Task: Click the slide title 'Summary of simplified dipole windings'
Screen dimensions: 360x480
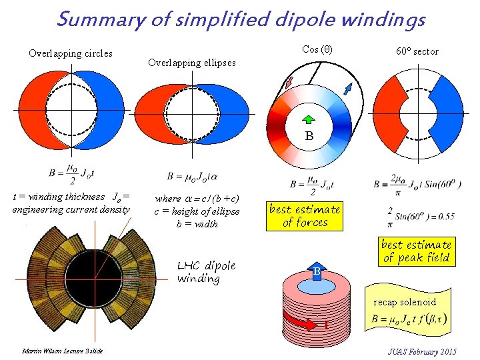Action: pyautogui.click(x=240, y=20)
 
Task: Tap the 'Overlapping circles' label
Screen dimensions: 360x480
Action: pyautogui.click(x=71, y=53)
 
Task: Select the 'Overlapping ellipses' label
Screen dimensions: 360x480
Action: pyautogui.click(x=192, y=63)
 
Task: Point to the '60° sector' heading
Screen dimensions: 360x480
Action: pyautogui.click(x=417, y=51)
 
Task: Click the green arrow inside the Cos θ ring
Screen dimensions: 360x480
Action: pyautogui.click(x=309, y=120)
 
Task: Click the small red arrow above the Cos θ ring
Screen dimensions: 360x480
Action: pyautogui.click(x=289, y=81)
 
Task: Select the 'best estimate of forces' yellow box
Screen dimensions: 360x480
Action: pyautogui.click(x=305, y=216)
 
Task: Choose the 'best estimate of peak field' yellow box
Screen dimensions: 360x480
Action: pyautogui.click(x=417, y=251)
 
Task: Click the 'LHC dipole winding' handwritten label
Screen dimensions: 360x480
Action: pyautogui.click(x=207, y=272)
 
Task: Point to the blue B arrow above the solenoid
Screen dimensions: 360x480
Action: pyautogui.click(x=318, y=271)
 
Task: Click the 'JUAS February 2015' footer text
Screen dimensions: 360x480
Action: pyautogui.click(x=423, y=351)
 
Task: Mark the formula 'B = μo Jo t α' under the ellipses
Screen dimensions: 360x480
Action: pyautogui.click(x=193, y=177)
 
